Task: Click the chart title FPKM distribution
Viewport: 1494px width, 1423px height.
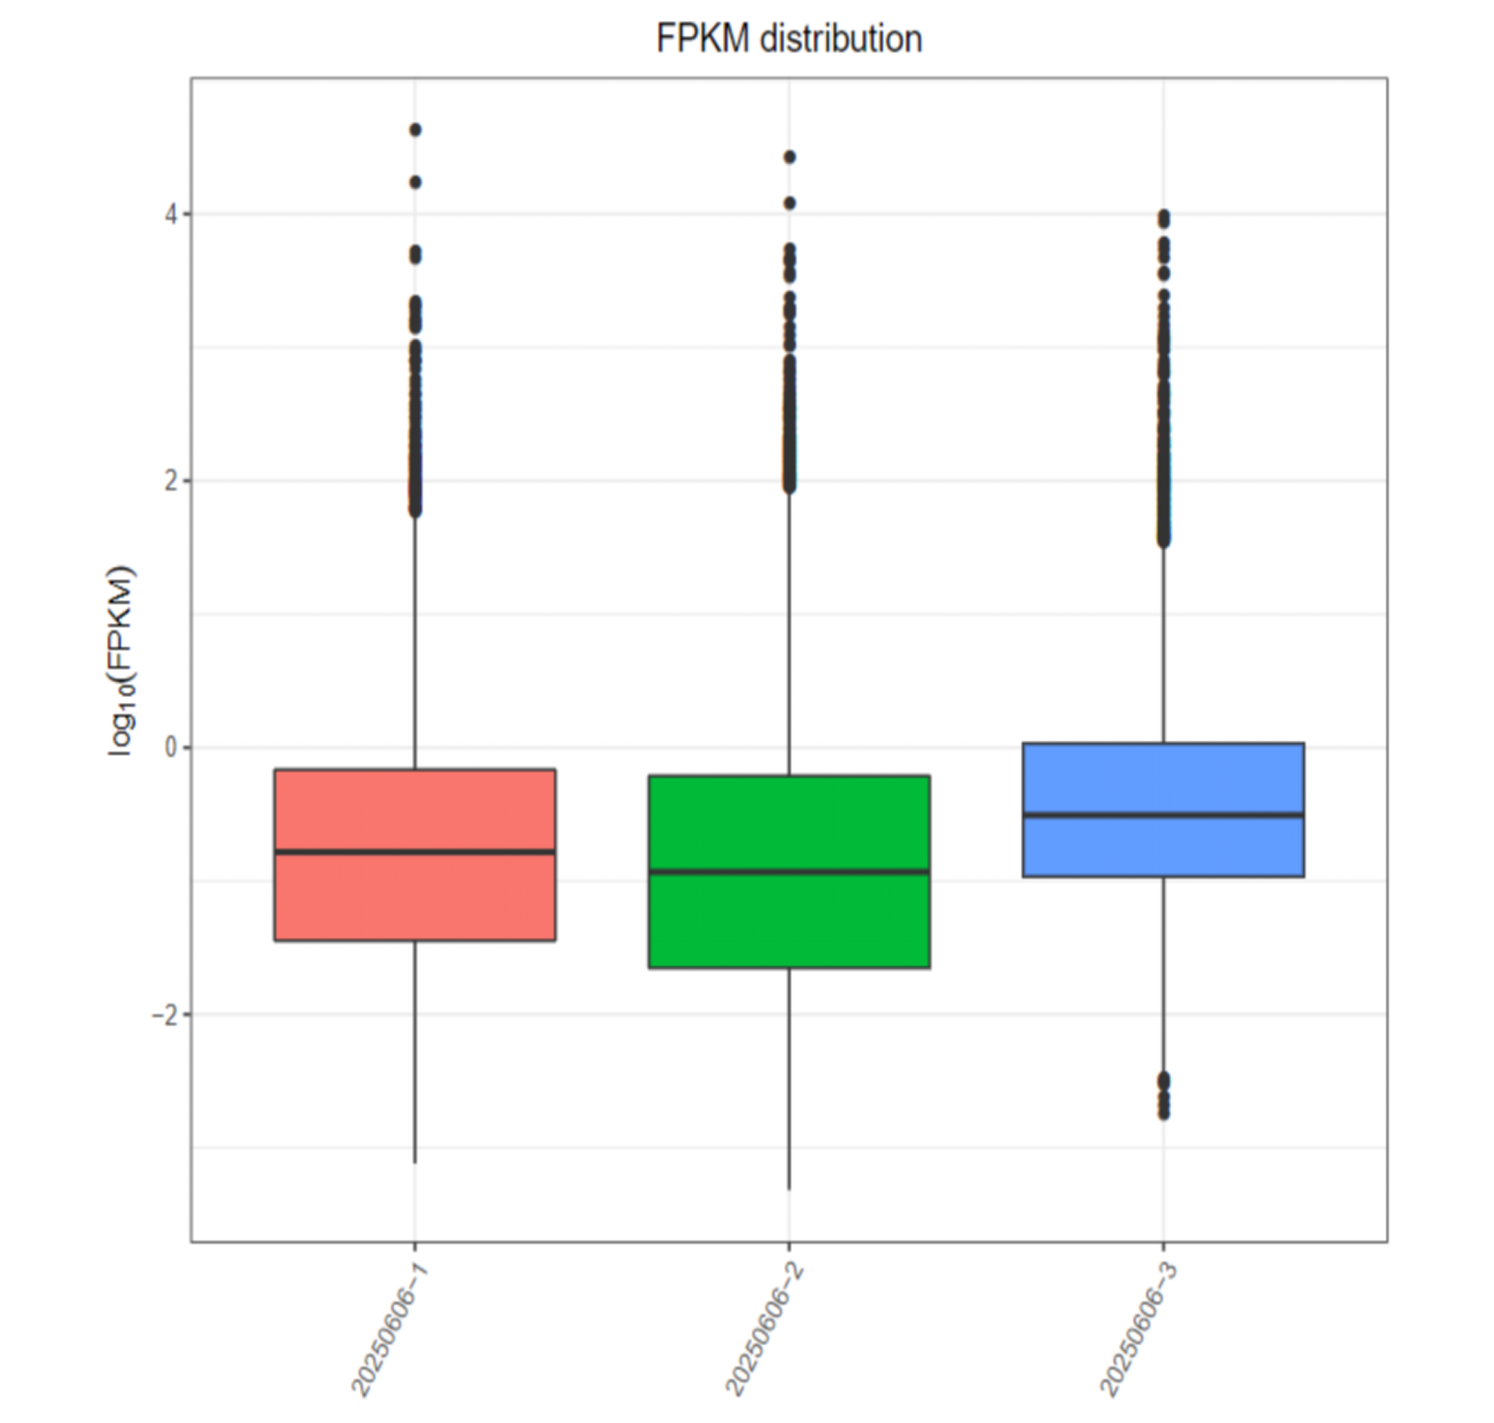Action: point(788,39)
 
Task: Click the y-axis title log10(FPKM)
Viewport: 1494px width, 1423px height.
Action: point(121,661)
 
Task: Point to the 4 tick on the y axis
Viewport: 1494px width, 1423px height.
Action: point(171,215)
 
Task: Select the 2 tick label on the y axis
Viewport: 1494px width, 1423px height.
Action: point(171,481)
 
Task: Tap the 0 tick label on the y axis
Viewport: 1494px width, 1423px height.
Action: point(171,748)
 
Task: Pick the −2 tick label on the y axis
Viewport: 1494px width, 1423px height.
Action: point(165,1015)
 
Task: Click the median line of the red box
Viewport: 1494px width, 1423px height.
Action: point(415,852)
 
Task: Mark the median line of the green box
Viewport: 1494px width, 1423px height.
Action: point(789,871)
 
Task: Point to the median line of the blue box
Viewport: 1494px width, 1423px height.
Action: point(1163,815)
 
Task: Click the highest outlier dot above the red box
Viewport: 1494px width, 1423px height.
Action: point(415,130)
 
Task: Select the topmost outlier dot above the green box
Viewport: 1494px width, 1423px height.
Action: point(789,157)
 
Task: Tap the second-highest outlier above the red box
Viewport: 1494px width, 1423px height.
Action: point(415,182)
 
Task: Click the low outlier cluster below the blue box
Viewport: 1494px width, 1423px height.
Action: point(1163,1096)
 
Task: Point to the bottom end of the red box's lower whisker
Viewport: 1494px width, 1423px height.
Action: point(415,1161)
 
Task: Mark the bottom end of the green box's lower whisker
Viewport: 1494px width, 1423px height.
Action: point(789,1188)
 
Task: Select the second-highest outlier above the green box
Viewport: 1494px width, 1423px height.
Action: point(789,204)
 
